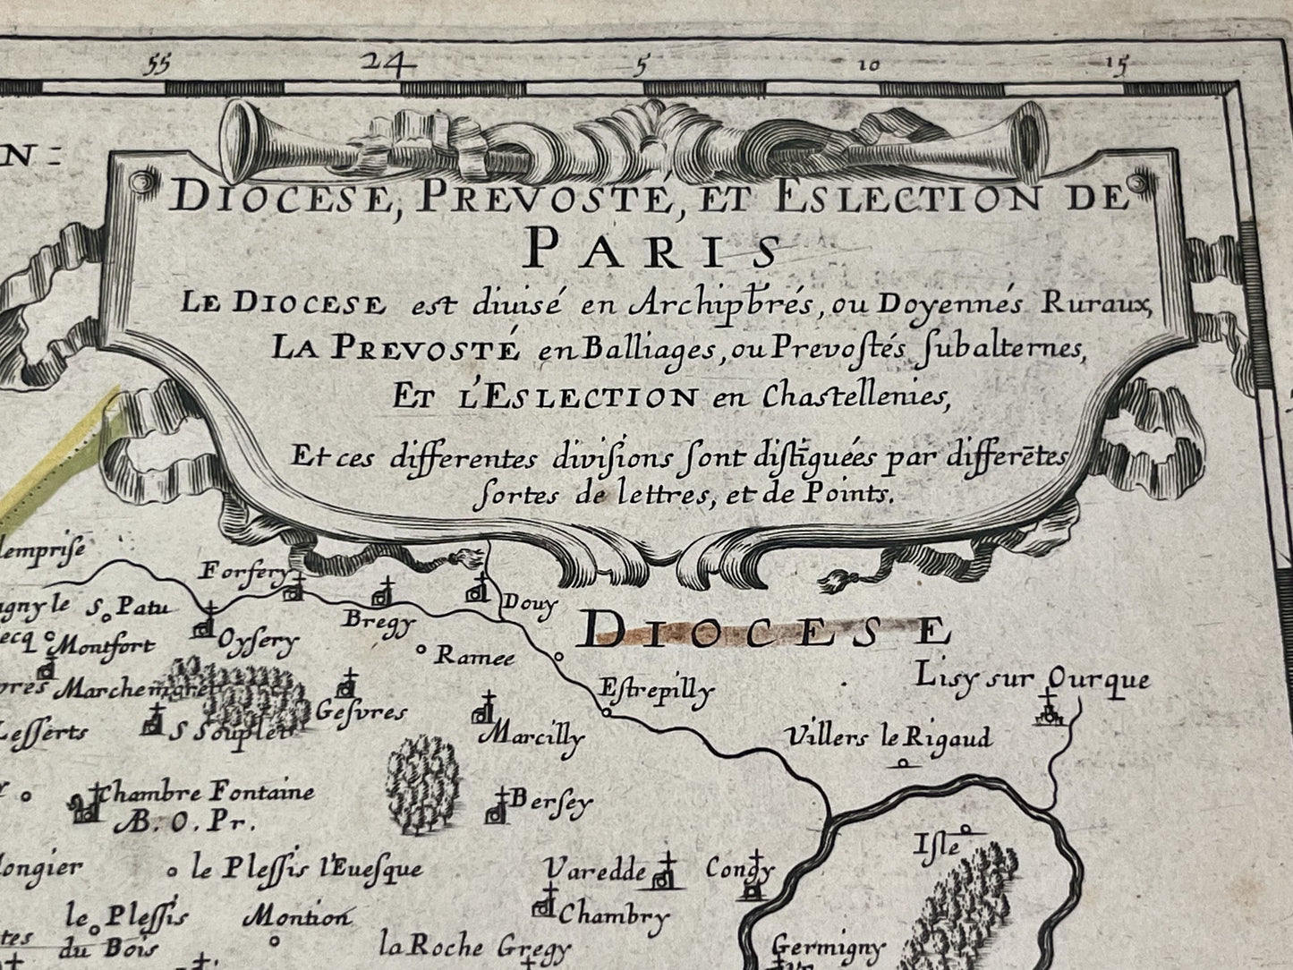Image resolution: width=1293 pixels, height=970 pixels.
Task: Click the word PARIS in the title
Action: (x=652, y=248)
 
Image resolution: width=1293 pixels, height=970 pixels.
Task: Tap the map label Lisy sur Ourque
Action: (x=1032, y=679)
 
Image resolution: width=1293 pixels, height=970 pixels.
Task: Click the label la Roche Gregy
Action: (x=474, y=947)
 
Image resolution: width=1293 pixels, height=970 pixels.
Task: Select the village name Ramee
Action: (x=474, y=656)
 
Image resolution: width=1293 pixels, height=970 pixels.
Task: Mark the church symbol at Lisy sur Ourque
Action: (x=1049, y=712)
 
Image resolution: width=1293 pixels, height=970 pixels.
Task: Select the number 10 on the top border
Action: (x=870, y=65)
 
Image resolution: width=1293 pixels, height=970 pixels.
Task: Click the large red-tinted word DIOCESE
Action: (x=761, y=633)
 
